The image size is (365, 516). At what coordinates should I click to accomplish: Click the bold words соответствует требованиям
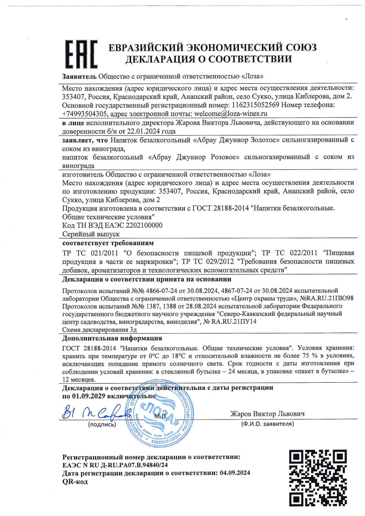pos(108,242)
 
